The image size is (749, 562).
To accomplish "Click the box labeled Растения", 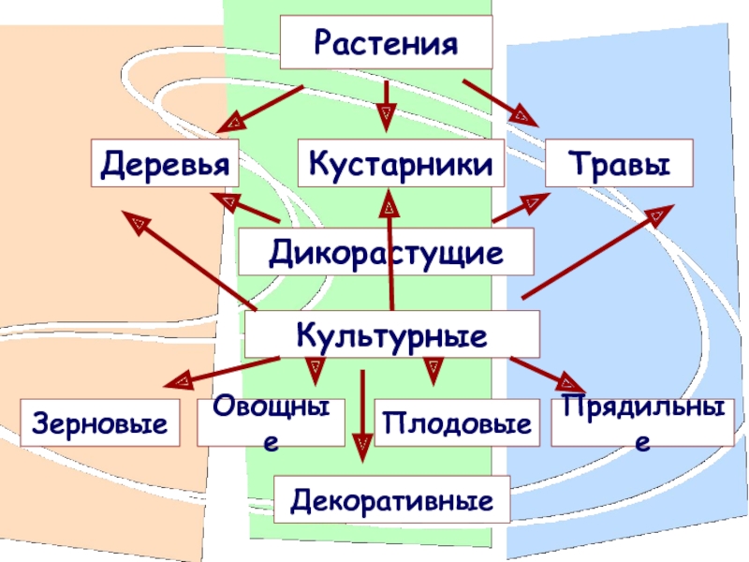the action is [387, 42].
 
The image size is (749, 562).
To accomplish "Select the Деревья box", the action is [165, 165].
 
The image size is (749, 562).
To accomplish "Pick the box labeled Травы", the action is [620, 165].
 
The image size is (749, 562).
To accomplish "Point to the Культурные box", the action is [391, 334].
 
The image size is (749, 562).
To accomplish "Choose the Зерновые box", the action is [101, 423].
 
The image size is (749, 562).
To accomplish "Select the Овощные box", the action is [271, 423].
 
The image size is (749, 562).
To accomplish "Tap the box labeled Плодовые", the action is [459, 423].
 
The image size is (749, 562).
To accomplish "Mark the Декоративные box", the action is [392, 498].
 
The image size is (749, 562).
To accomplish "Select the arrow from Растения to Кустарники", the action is [386, 104].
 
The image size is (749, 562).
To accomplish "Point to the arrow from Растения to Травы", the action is [500, 103].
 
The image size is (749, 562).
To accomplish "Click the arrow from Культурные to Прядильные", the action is [548, 373].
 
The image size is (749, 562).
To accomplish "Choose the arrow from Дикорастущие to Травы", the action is [521, 208].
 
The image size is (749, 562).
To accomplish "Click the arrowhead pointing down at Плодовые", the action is [433, 374].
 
